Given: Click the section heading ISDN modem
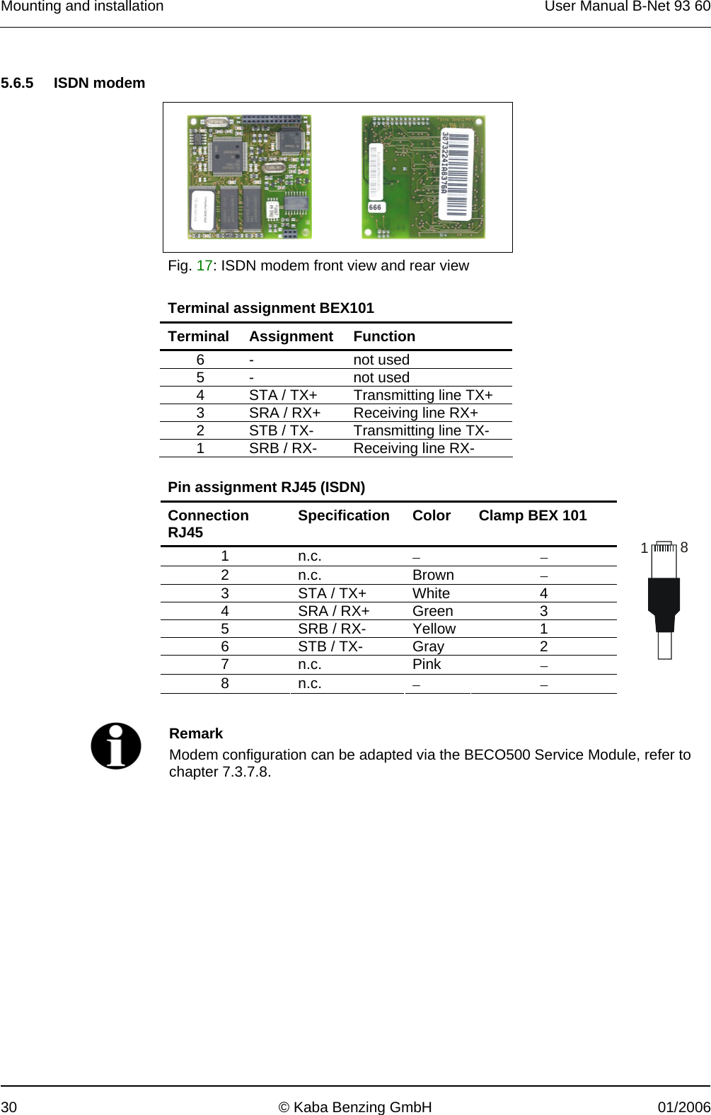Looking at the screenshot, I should click(x=99, y=83).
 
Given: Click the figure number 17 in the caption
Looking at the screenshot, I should click(x=204, y=265).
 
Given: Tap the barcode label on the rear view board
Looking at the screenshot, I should click(x=455, y=174).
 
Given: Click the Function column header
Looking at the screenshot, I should click(x=384, y=336).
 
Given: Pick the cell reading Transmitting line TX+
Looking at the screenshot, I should click(x=423, y=395).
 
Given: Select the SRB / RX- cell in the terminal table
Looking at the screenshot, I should click(x=282, y=448).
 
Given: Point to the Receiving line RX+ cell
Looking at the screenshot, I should click(x=415, y=413).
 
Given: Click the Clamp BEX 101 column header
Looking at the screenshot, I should click(x=532, y=515).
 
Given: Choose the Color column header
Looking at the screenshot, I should click(x=431, y=515).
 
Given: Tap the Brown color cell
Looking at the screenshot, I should click(x=433, y=575).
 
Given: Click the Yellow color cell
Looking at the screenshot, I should click(x=434, y=629).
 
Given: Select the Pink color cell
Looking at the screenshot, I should click(x=427, y=664).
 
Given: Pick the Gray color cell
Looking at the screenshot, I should click(x=428, y=646).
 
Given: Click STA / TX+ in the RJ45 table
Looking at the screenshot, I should click(x=332, y=593).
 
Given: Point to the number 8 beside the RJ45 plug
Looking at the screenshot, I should click(x=684, y=547).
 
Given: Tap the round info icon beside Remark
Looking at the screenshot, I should click(x=116, y=745).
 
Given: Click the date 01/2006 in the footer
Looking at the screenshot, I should click(x=683, y=1107).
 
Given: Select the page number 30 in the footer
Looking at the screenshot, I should click(x=8, y=1107).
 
